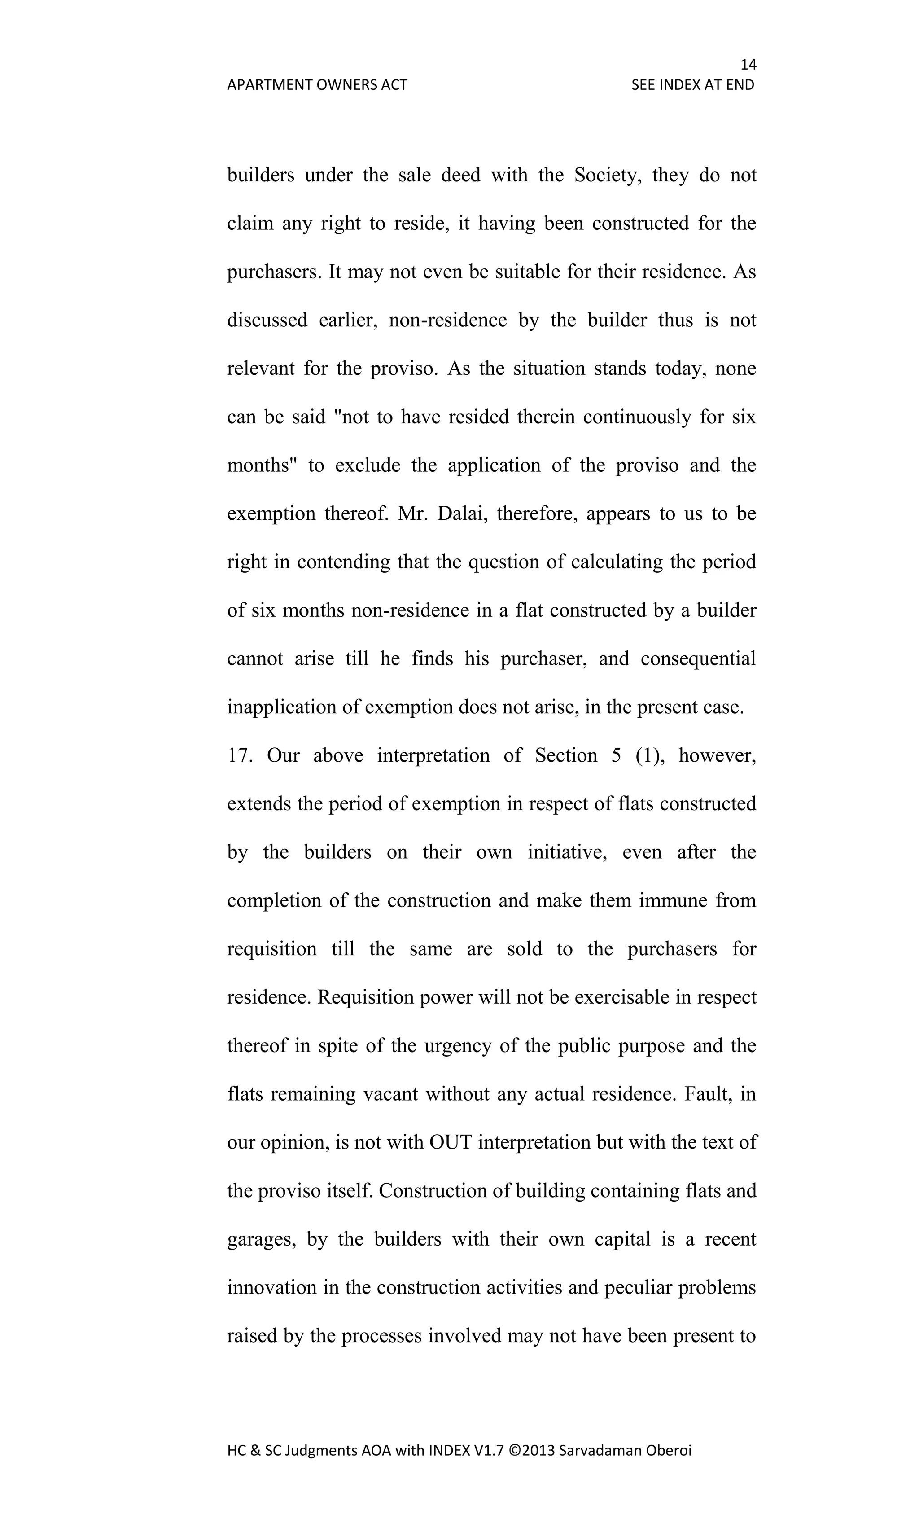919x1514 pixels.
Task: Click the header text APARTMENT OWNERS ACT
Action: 317,85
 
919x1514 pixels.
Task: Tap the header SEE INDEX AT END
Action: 692,85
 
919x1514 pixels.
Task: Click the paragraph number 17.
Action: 240,755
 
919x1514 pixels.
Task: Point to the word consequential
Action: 698,658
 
